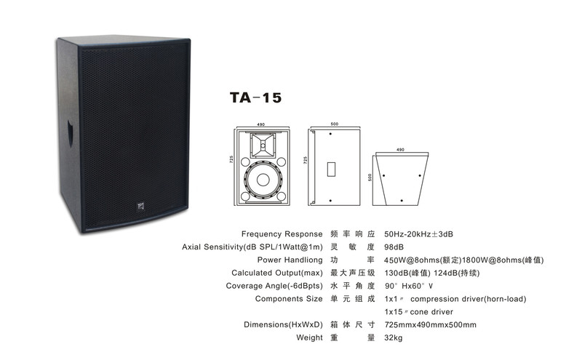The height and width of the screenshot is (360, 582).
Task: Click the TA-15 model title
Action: [x=255, y=97]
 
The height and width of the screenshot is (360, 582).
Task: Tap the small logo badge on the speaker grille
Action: [x=140, y=206]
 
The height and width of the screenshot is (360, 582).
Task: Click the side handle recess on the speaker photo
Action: [x=70, y=133]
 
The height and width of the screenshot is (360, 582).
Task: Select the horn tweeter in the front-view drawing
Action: [x=263, y=145]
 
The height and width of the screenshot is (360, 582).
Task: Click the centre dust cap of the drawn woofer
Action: [x=263, y=180]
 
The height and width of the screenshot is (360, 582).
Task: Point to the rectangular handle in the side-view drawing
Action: [x=331, y=169]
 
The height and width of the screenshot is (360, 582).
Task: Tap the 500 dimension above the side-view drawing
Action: [x=335, y=124]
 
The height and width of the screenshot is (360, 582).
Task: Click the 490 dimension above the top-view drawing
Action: [x=400, y=150]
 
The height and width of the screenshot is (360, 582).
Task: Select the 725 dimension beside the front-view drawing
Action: [x=231, y=159]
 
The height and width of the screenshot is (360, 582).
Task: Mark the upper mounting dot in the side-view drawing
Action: [x=330, y=134]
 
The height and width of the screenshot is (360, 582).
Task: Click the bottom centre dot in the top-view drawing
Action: [x=402, y=201]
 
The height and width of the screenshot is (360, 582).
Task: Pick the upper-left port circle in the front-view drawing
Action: [x=245, y=161]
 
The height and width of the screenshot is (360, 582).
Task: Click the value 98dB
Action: [x=394, y=247]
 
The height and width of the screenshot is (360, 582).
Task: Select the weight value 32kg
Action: [x=393, y=338]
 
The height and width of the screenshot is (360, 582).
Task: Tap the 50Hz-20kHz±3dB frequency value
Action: [x=419, y=234]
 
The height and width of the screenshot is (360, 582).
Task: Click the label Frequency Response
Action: [x=282, y=234]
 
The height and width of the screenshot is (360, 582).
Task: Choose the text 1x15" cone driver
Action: [x=419, y=312]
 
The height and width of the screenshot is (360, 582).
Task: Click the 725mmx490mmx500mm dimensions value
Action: [x=430, y=325]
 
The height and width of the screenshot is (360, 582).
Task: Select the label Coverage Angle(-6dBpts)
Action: [x=274, y=286]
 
